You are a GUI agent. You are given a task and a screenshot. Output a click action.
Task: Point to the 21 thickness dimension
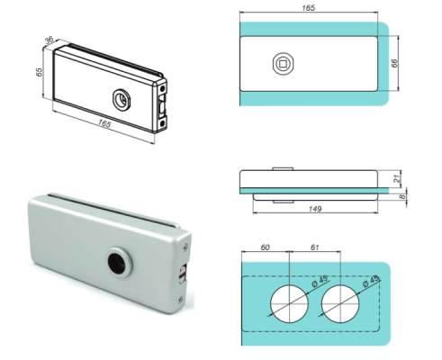click(x=397, y=177)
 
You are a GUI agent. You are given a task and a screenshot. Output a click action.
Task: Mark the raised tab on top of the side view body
click(x=282, y=168)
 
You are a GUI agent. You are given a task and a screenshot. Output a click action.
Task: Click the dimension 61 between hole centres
click(x=311, y=245)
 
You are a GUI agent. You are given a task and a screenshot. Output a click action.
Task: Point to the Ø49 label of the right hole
click(x=363, y=286)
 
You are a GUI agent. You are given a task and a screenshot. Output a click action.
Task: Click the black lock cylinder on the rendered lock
click(x=116, y=262)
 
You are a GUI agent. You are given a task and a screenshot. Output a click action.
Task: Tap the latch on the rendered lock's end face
click(x=183, y=274)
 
